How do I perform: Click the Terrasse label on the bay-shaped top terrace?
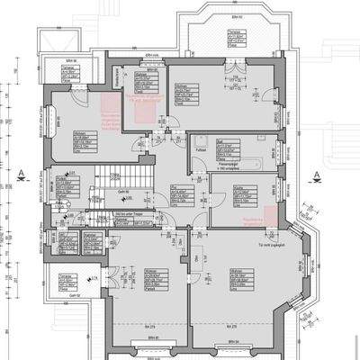tap(231, 29)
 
